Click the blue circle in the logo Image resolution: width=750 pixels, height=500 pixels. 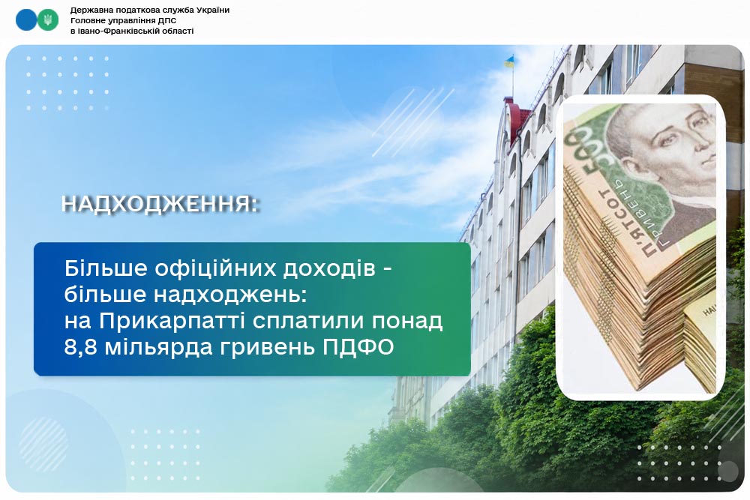25,20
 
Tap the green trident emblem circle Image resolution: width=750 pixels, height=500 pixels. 48,20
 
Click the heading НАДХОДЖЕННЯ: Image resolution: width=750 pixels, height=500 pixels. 160,204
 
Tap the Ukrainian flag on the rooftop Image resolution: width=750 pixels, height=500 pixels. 510,61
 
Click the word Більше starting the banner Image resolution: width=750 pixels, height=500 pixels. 106,268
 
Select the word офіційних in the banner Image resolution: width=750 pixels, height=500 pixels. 215,268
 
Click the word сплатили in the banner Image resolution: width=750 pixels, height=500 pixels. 308,322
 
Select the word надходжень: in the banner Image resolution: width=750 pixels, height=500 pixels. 230,295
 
